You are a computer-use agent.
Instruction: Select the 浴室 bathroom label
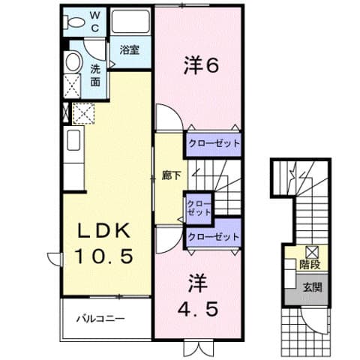coord(129,50)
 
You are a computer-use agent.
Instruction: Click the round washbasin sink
coord(73,61)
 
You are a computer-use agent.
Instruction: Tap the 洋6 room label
coord(201,66)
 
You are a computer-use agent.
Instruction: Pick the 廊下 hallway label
coord(171,176)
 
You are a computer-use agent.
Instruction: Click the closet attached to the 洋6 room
coord(214,143)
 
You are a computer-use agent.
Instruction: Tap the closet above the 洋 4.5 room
coord(214,236)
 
